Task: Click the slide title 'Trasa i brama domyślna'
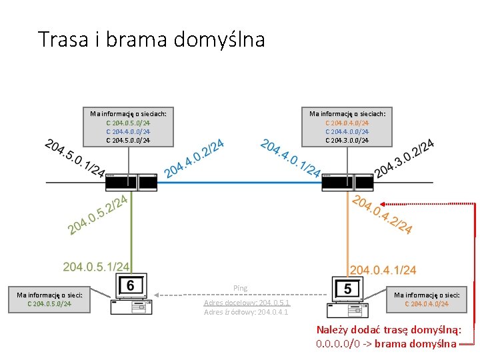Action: [151, 39]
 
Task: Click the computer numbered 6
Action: [130, 295]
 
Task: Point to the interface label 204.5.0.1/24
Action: [73, 158]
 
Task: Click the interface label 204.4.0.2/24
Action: [193, 158]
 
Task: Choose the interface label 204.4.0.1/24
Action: [291, 158]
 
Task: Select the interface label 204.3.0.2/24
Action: [405, 158]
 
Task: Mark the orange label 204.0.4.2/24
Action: [382, 214]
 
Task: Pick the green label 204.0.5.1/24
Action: [96, 267]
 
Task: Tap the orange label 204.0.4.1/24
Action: [383, 269]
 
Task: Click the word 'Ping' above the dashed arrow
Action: [241, 288]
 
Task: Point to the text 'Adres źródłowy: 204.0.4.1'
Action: [246, 311]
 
